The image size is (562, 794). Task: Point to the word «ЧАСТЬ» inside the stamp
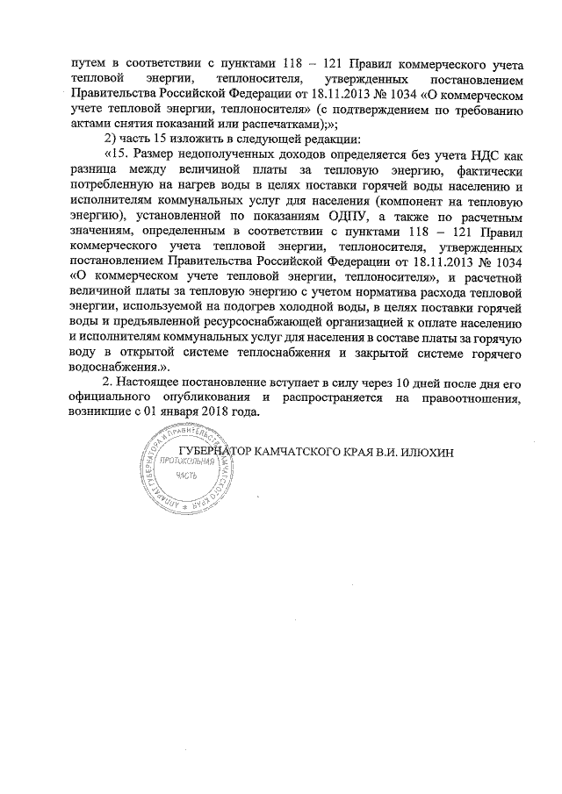[185, 476]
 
